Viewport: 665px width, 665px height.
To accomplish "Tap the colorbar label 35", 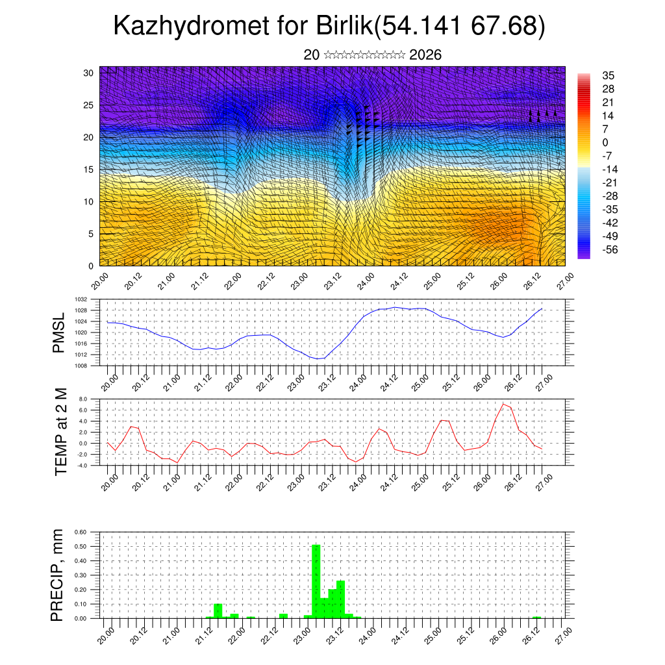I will coord(609,75).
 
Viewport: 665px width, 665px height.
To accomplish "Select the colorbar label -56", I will coord(611,250).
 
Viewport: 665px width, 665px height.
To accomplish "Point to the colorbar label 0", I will coord(606,142).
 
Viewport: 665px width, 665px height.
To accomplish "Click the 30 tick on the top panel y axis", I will coord(88,73).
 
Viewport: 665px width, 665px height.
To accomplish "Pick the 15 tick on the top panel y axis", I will coord(88,169).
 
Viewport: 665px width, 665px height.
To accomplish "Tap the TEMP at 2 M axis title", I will coord(61,432).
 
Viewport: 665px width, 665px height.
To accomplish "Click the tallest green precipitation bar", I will coord(316,581).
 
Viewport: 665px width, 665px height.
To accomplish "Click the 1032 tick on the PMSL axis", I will coord(81,299).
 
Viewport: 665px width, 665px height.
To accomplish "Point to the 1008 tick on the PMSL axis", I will coord(81,366).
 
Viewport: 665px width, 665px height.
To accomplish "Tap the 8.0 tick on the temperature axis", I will coord(83,399).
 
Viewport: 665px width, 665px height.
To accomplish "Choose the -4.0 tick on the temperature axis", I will coord(82,466).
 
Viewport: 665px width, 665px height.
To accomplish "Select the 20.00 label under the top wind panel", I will coord(101,281).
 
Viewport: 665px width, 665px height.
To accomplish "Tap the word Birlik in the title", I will coord(345,27).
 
